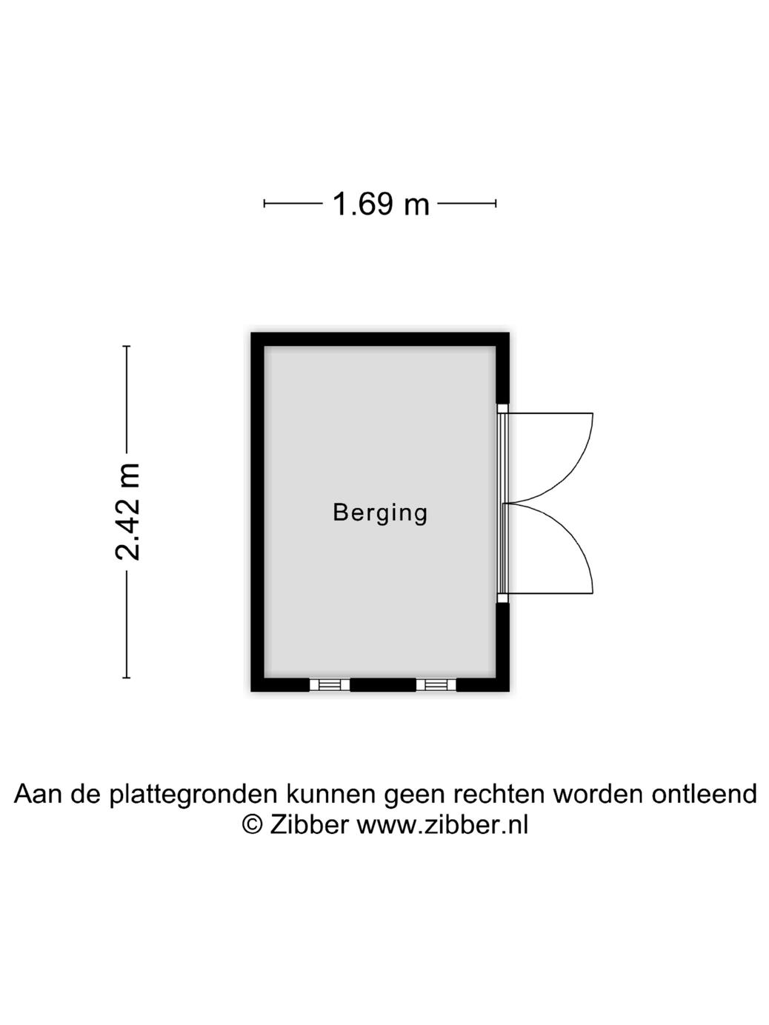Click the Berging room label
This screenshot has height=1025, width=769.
(x=380, y=512)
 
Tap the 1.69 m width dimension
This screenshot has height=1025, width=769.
(x=380, y=204)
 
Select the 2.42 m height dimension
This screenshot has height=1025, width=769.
(x=127, y=511)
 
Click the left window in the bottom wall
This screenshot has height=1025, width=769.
(x=329, y=685)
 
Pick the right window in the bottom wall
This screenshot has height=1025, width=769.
(x=435, y=685)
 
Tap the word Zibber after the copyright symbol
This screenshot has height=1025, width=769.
(x=308, y=824)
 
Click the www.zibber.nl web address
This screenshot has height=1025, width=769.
(x=442, y=824)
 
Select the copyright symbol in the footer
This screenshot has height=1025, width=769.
(x=253, y=824)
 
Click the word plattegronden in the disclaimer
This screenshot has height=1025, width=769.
(x=194, y=795)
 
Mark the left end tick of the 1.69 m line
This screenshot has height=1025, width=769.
(x=264, y=204)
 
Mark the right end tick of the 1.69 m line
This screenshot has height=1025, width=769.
(x=496, y=204)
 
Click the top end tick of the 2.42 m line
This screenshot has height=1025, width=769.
(x=127, y=347)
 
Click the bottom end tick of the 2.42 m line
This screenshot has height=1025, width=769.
(x=127, y=677)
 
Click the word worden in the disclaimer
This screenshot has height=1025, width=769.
(x=599, y=794)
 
